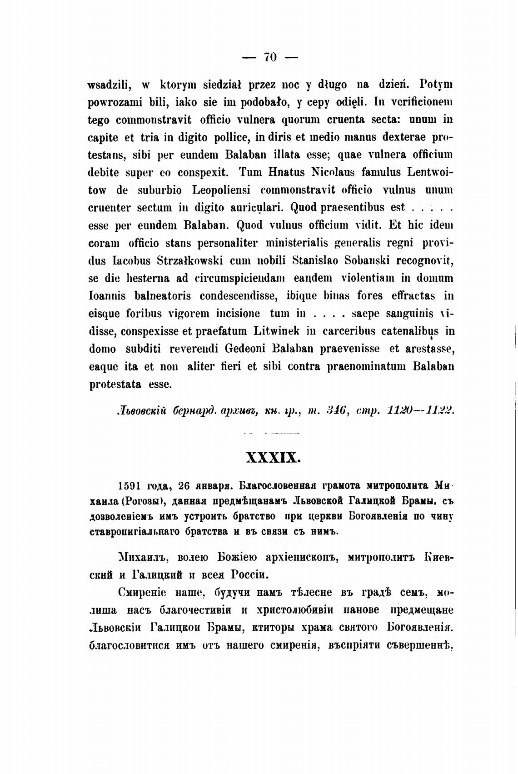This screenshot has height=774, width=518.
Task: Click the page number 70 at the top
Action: (270, 57)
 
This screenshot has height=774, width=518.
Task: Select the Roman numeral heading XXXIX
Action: (273, 457)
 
